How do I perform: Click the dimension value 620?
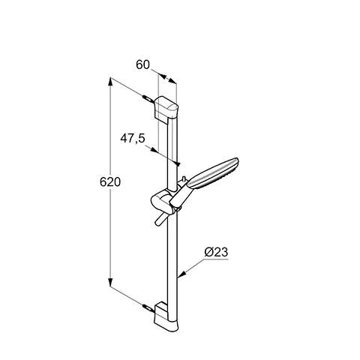tap(110, 182)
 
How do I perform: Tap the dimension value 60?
tap(143, 65)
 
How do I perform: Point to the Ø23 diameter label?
tap(216, 251)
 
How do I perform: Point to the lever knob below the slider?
tap(160, 220)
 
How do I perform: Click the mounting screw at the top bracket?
tap(146, 97)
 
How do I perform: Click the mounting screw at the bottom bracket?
tap(147, 305)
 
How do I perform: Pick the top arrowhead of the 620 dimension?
tap(111, 79)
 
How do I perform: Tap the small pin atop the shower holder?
tap(183, 180)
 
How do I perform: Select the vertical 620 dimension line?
tap(110, 225)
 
